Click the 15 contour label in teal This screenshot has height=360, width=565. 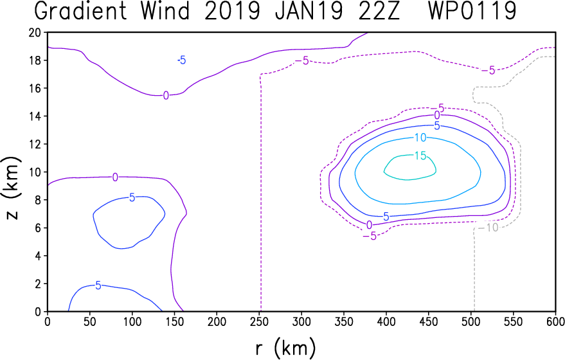[420, 156]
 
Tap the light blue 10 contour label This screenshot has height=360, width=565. [420, 138]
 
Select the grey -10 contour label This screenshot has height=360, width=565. [488, 228]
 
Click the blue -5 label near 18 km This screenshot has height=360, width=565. [182, 60]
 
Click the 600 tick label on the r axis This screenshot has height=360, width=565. [555, 321]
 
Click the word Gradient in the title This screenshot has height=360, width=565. [81, 11]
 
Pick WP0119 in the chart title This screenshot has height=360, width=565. [472, 11]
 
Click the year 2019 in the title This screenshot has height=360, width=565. [232, 11]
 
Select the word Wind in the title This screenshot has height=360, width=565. [165, 11]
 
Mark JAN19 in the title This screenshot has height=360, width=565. [309, 11]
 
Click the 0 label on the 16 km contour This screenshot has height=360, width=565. [166, 96]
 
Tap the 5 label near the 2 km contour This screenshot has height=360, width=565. [98, 286]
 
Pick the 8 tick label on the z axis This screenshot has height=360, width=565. [38, 200]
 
